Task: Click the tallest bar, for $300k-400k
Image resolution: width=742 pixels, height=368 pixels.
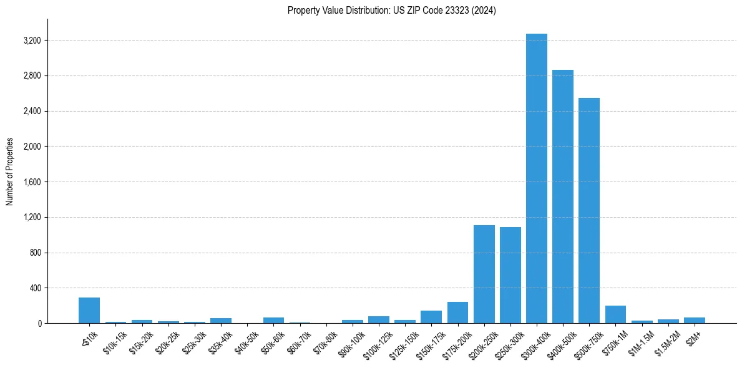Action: pyautogui.click(x=536, y=178)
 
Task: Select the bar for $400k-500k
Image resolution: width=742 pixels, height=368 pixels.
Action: pyautogui.click(x=562, y=196)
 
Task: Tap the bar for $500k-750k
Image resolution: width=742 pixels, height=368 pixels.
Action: pyautogui.click(x=588, y=211)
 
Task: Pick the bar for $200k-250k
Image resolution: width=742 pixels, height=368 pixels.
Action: pyautogui.click(x=484, y=274)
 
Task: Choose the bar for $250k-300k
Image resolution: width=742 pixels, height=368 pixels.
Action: pyautogui.click(x=510, y=275)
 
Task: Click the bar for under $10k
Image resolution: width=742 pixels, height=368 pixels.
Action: pyautogui.click(x=89, y=311)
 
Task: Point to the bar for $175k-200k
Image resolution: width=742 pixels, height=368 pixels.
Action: pyautogui.click(x=457, y=312)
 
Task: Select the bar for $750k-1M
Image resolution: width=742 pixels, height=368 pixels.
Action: pyautogui.click(x=615, y=314)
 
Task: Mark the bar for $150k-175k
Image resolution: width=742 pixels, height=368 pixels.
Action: pyautogui.click(x=431, y=317)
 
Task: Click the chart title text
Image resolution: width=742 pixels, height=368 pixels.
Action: pyautogui.click(x=391, y=11)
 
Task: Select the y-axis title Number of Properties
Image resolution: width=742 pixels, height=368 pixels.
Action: pyautogui.click(x=10, y=172)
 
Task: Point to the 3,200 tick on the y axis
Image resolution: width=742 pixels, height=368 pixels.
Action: pyautogui.click(x=32, y=41)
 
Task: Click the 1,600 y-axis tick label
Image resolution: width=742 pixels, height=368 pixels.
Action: pyautogui.click(x=32, y=182)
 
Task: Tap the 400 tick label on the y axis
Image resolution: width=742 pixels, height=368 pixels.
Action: pyautogui.click(x=36, y=288)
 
